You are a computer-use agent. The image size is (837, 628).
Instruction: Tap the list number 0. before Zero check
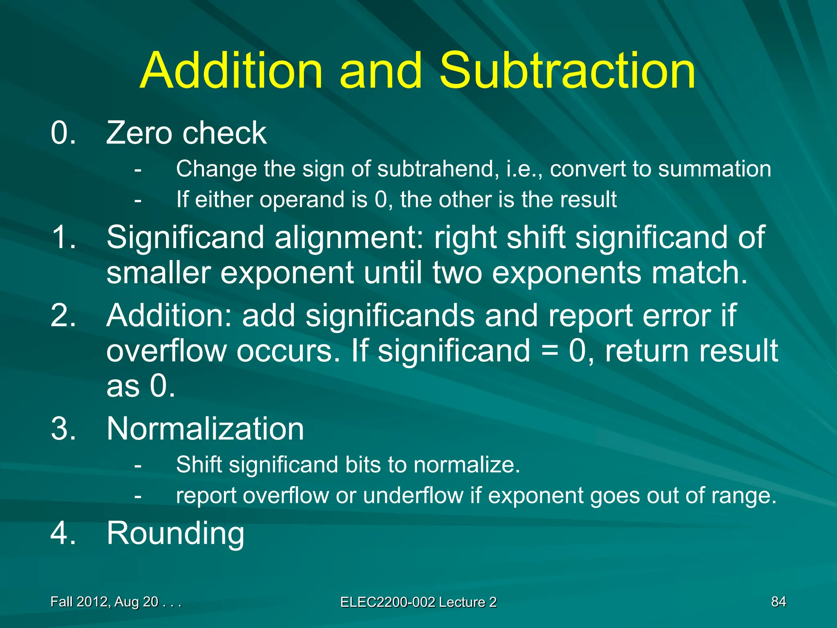point(63,133)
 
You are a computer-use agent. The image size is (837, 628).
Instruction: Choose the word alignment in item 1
point(349,238)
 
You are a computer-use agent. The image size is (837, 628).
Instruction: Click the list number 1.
point(63,238)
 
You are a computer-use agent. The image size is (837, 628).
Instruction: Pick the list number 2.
point(63,316)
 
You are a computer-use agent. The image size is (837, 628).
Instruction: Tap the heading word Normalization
point(205,429)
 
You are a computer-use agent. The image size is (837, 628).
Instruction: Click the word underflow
point(412,496)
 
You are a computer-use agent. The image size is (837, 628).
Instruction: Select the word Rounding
point(175,534)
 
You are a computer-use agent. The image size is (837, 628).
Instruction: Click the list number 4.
point(63,534)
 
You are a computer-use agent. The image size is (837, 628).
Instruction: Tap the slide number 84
point(778,602)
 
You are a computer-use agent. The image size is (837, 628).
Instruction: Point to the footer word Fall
point(61,602)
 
